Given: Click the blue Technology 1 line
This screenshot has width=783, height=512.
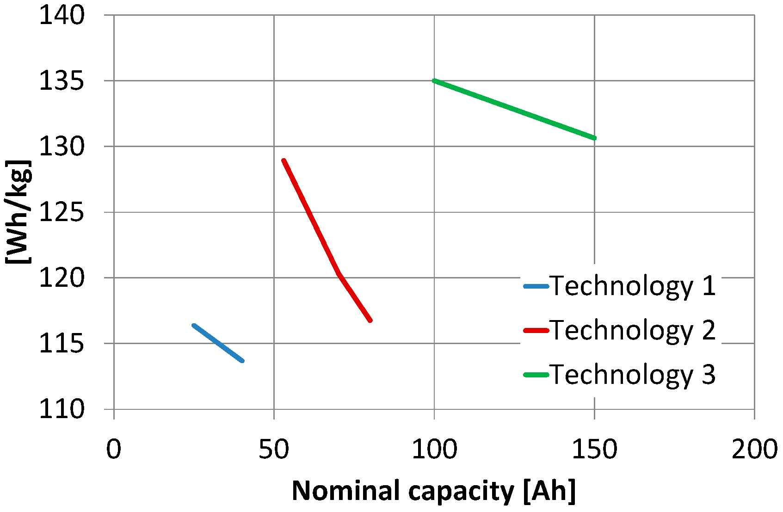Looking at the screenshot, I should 218,343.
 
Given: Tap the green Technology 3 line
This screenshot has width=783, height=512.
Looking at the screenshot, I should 513,109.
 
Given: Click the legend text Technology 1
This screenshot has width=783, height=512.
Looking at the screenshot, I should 633,286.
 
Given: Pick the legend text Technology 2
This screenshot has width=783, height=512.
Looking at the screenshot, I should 633,330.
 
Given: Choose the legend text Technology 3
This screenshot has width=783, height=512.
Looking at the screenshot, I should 633,374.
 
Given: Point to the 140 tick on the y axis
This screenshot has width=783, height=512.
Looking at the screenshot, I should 62,15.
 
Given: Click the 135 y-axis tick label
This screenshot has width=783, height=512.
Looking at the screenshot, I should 62,81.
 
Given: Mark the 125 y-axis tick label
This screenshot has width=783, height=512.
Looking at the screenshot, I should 62,212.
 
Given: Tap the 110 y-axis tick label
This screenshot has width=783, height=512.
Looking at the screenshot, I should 62,409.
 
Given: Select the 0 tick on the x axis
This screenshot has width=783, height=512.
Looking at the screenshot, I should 113,449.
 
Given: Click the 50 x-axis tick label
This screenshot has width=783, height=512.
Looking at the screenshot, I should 273,449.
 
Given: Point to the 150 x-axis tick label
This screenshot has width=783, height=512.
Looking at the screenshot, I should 594,449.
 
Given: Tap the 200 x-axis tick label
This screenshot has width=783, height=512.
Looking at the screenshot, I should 754,449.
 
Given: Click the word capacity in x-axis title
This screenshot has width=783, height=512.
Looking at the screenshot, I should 461,491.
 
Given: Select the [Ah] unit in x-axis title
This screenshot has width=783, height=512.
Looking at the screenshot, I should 549,491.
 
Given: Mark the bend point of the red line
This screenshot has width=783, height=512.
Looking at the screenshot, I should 339,274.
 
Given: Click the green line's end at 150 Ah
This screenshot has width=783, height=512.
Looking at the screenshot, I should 594,138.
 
